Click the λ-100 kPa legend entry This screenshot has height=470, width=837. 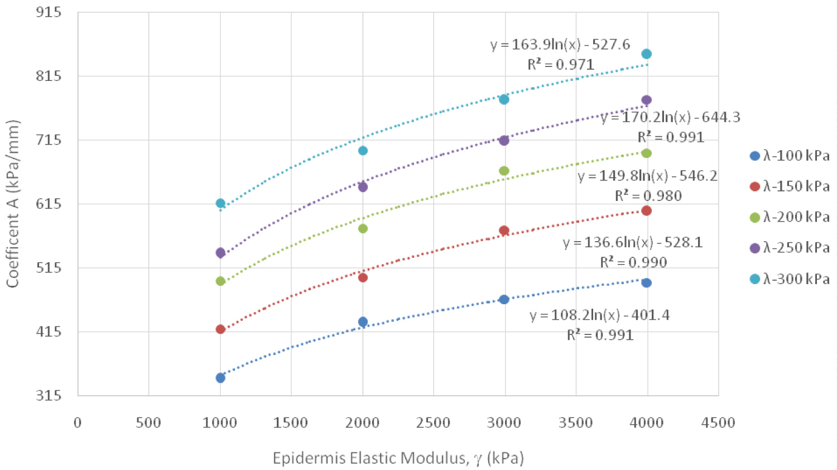pyautogui.click(x=790, y=156)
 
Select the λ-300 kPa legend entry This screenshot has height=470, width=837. pyautogui.click(x=790, y=279)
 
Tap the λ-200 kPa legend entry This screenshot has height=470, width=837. pyautogui.click(x=790, y=217)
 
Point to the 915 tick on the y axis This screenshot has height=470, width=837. pyautogui.click(x=49, y=12)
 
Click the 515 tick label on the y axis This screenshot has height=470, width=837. pyautogui.click(x=49, y=268)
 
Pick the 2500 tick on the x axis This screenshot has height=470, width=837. pyautogui.click(x=433, y=423)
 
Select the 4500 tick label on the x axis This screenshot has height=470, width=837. pyautogui.click(x=718, y=423)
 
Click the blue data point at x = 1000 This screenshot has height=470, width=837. pyautogui.click(x=220, y=378)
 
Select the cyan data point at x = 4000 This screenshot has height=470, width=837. pyautogui.click(x=646, y=54)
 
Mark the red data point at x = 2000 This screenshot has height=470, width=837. pyautogui.click(x=363, y=277)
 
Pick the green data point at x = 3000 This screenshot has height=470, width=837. pyautogui.click(x=504, y=171)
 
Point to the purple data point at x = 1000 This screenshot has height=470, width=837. pyautogui.click(x=220, y=253)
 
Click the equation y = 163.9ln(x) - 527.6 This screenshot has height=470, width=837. pyautogui.click(x=560, y=45)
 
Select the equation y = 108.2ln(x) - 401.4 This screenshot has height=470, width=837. pyautogui.click(x=600, y=315)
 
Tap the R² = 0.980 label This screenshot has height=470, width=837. pyautogui.click(x=648, y=196)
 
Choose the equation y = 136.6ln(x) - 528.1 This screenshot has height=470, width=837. pyautogui.click(x=633, y=243)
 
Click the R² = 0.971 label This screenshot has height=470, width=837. pyautogui.click(x=561, y=65)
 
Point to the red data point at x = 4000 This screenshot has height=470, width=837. pyautogui.click(x=646, y=210)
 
